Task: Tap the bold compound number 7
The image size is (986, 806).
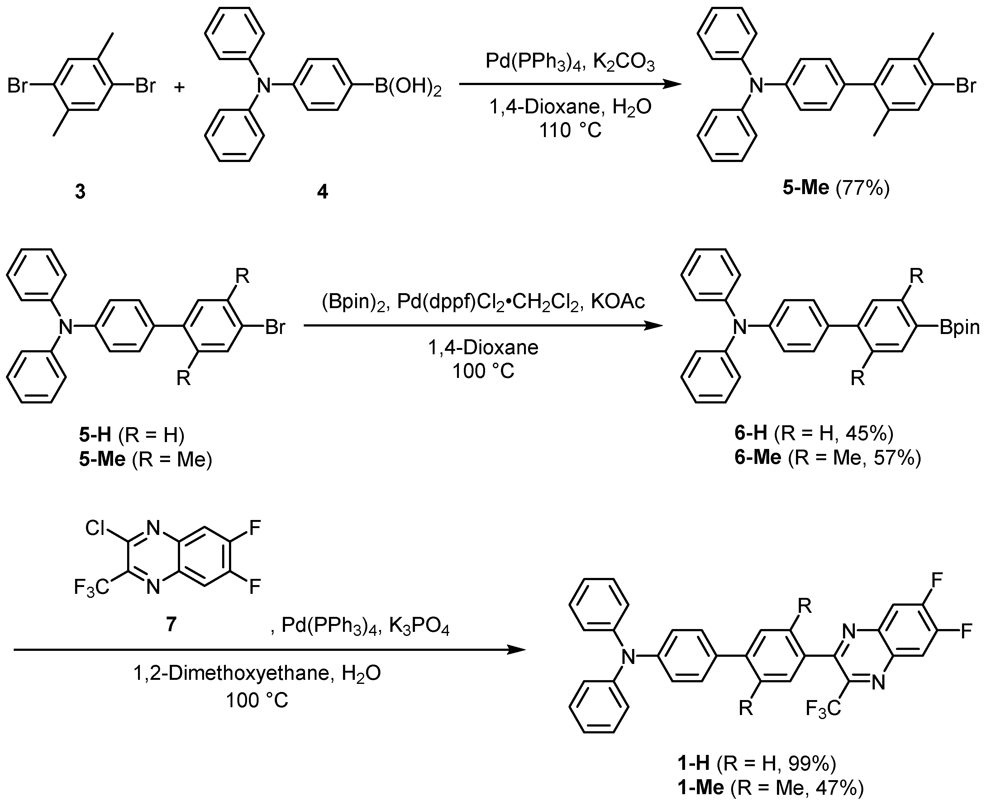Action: [171, 624]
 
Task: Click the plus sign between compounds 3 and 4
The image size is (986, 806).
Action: [179, 87]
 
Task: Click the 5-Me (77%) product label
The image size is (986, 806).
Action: [836, 188]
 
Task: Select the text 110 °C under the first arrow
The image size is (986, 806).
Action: [570, 131]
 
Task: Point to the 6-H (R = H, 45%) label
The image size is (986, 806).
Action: [814, 433]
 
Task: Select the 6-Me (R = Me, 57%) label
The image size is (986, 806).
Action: [827, 458]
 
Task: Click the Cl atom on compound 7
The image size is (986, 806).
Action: [95, 528]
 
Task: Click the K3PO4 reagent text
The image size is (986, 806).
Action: [419, 627]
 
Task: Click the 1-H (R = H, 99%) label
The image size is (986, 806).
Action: [757, 762]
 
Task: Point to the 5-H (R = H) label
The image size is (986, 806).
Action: [132, 435]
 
